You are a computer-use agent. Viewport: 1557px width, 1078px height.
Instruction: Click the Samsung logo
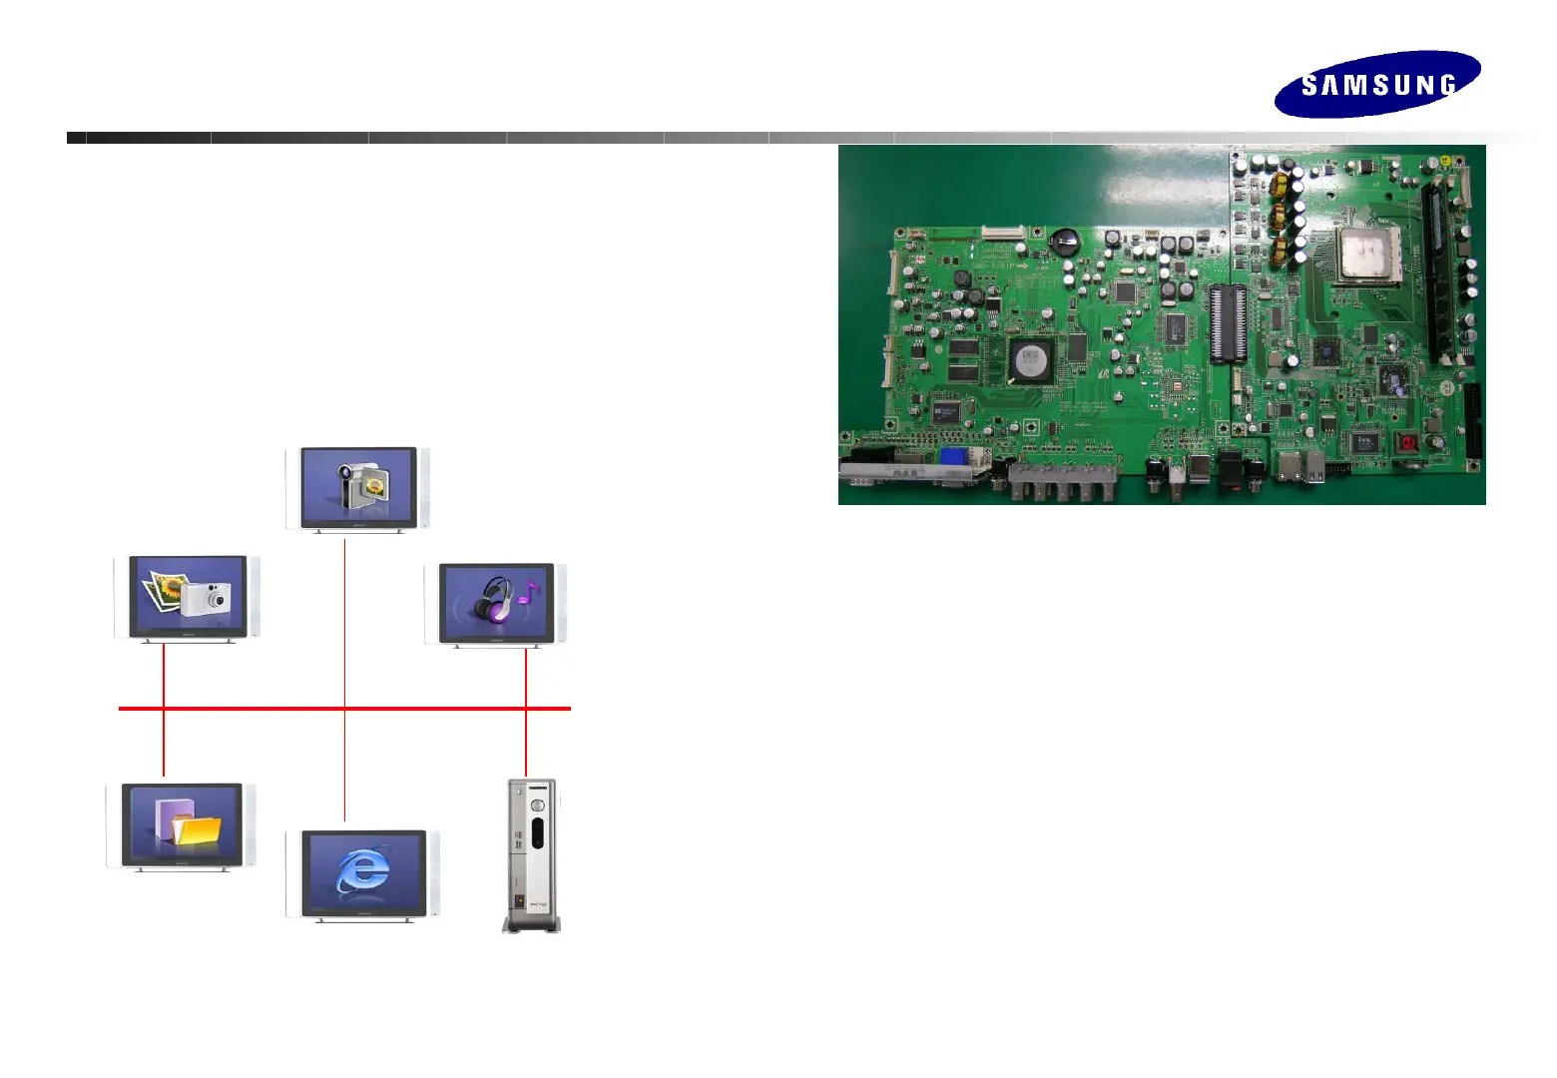point(1377,85)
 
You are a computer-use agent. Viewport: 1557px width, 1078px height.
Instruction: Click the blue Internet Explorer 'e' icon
point(363,870)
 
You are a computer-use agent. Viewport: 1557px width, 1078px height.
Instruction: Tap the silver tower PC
point(531,855)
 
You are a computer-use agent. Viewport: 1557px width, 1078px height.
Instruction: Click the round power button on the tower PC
point(537,806)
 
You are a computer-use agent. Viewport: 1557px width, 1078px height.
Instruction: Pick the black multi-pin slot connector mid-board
point(1229,322)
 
